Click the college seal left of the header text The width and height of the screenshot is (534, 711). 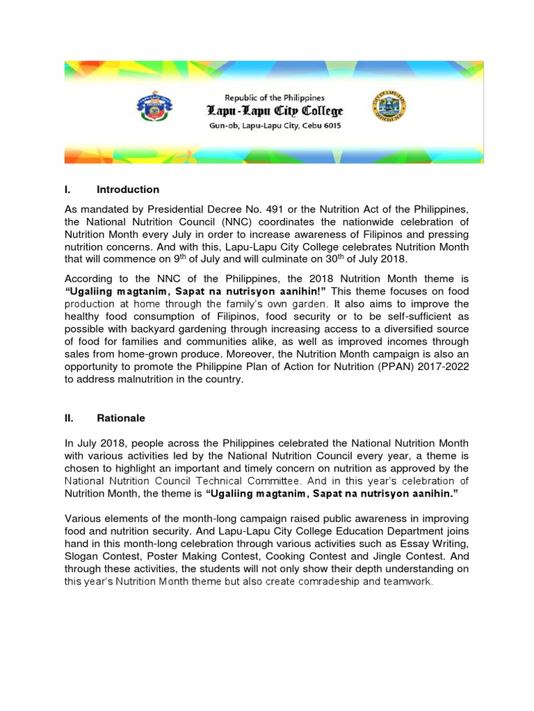(x=154, y=108)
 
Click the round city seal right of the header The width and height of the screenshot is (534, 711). (x=394, y=108)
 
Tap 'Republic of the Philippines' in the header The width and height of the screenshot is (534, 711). (x=273, y=97)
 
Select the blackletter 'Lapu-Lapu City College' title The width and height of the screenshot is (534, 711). (x=273, y=111)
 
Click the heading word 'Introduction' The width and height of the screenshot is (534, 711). (x=128, y=190)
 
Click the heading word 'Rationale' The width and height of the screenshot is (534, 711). (x=122, y=419)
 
